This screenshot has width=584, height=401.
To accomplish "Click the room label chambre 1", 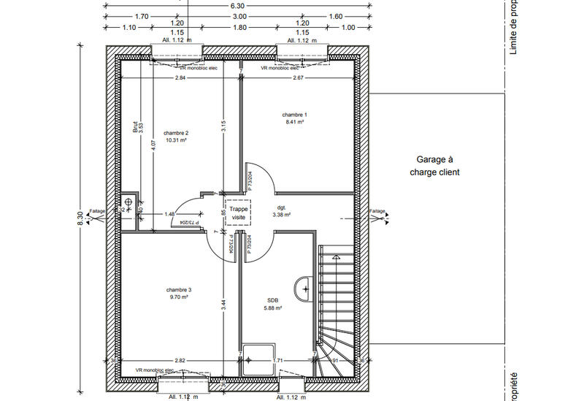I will pyautogui.click(x=295, y=115).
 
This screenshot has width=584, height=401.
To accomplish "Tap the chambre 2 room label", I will pyautogui.click(x=176, y=132).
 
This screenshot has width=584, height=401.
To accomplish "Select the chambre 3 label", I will pyautogui.click(x=178, y=290).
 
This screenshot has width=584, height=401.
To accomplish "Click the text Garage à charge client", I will pyautogui.click(x=435, y=166).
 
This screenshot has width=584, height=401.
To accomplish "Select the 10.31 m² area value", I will pyautogui.click(x=176, y=140).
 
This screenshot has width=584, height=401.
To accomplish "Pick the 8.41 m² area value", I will pyautogui.click(x=295, y=123).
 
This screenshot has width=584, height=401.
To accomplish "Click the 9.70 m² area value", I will pyautogui.click(x=178, y=297).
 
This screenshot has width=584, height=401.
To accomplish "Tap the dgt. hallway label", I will pyautogui.click(x=281, y=207).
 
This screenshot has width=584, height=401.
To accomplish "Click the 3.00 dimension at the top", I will pyautogui.click(x=239, y=15).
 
